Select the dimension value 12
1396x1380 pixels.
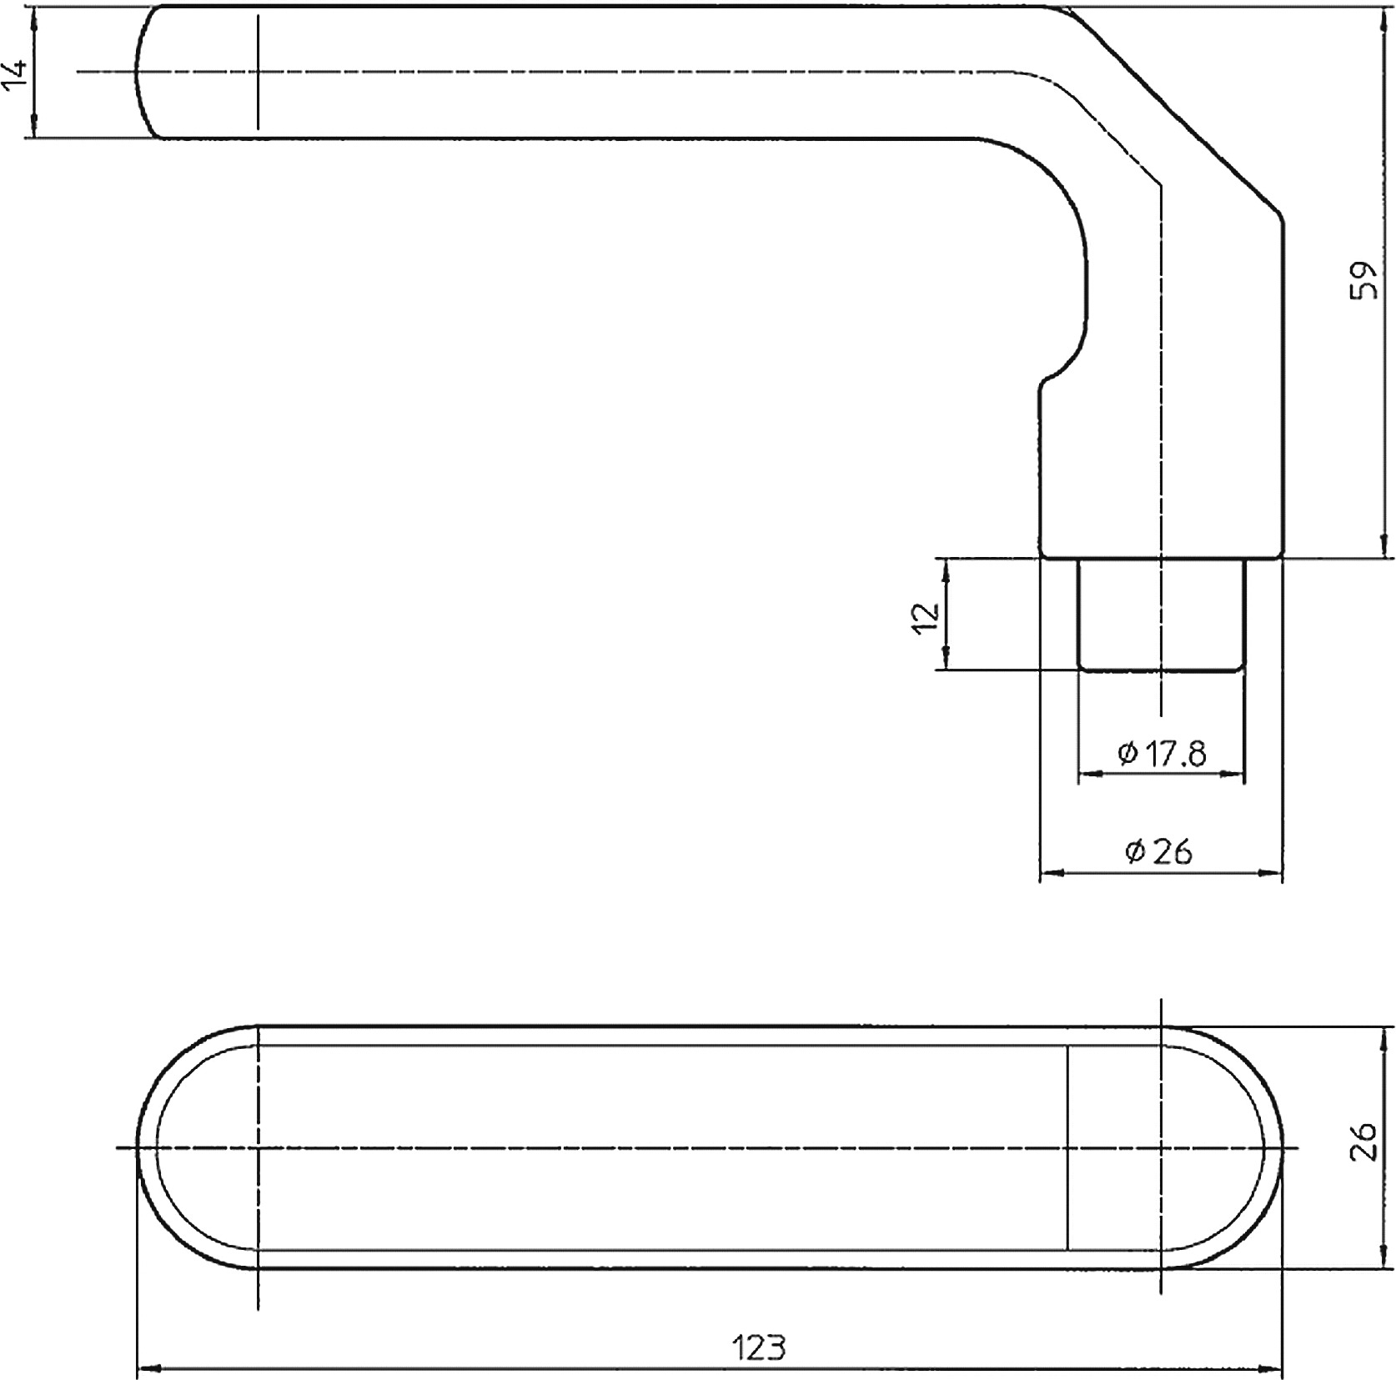tap(926, 615)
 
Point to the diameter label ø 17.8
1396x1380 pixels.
tap(1162, 753)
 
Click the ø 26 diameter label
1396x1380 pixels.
tap(1159, 851)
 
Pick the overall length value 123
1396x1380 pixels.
tap(759, 1346)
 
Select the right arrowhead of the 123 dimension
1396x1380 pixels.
tap(1272, 1368)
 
